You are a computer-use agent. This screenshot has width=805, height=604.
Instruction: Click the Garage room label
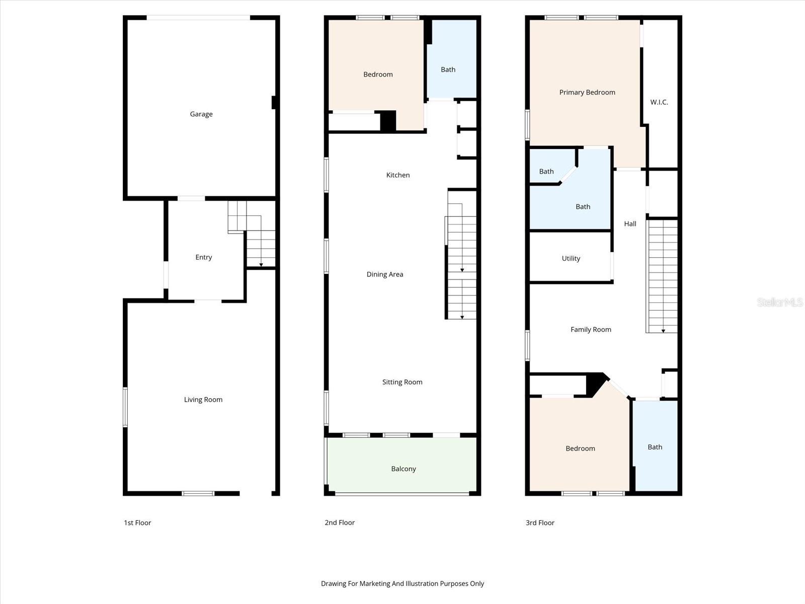click(201, 114)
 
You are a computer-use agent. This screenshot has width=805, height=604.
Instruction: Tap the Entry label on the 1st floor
click(203, 257)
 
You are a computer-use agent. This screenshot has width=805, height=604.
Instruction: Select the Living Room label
click(203, 400)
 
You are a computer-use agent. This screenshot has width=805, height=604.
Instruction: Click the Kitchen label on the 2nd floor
click(397, 175)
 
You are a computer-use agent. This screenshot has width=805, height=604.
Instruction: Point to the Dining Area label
click(384, 274)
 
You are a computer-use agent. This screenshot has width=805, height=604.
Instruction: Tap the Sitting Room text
click(402, 382)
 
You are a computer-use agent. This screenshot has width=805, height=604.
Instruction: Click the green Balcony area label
click(403, 469)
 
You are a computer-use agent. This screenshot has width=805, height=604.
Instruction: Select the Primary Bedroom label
click(587, 92)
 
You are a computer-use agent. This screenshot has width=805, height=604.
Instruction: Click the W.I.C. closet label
click(659, 102)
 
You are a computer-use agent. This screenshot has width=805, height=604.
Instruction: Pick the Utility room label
click(571, 258)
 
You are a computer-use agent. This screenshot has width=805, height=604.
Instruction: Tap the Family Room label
click(590, 330)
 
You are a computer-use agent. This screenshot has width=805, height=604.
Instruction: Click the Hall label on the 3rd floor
click(630, 224)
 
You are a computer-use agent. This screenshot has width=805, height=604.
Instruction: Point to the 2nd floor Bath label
click(448, 69)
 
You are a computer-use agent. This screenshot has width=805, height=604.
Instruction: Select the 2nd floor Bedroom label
click(378, 74)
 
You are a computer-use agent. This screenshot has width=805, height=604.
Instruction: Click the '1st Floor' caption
click(137, 522)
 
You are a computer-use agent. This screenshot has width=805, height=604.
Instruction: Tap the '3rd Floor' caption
click(539, 522)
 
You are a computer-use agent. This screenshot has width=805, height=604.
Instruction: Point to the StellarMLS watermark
click(779, 302)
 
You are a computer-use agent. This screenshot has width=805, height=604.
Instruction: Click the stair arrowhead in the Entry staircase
click(261, 265)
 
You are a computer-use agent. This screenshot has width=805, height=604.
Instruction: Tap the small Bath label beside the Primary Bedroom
click(546, 172)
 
